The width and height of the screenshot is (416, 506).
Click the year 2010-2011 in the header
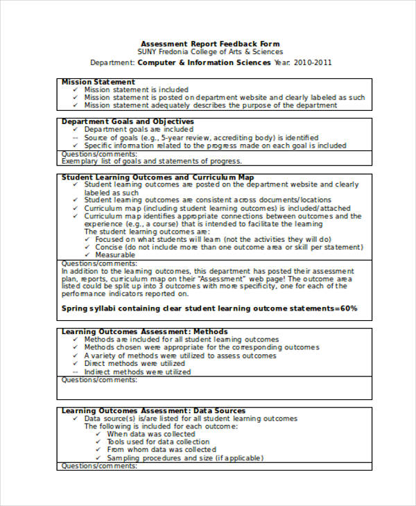click(313, 62)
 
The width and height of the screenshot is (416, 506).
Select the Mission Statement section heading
click(98, 82)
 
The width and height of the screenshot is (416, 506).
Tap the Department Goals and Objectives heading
click(128, 121)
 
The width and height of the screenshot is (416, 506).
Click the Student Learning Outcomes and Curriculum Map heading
click(157, 177)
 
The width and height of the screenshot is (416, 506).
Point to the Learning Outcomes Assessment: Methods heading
click(144, 332)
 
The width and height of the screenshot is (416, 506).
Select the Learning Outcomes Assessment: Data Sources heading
click(153, 411)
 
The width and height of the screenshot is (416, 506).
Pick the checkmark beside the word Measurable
click(87, 255)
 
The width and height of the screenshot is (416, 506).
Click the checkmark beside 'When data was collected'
click(98, 435)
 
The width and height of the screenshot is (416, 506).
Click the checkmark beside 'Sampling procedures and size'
click(98, 458)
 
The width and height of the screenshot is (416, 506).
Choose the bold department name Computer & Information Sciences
click(205, 62)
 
